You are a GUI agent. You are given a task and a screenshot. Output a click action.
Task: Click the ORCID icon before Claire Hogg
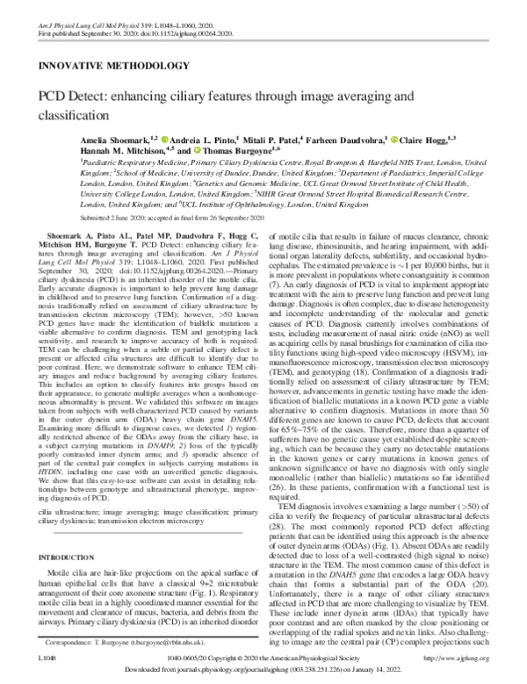click(393, 139)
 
